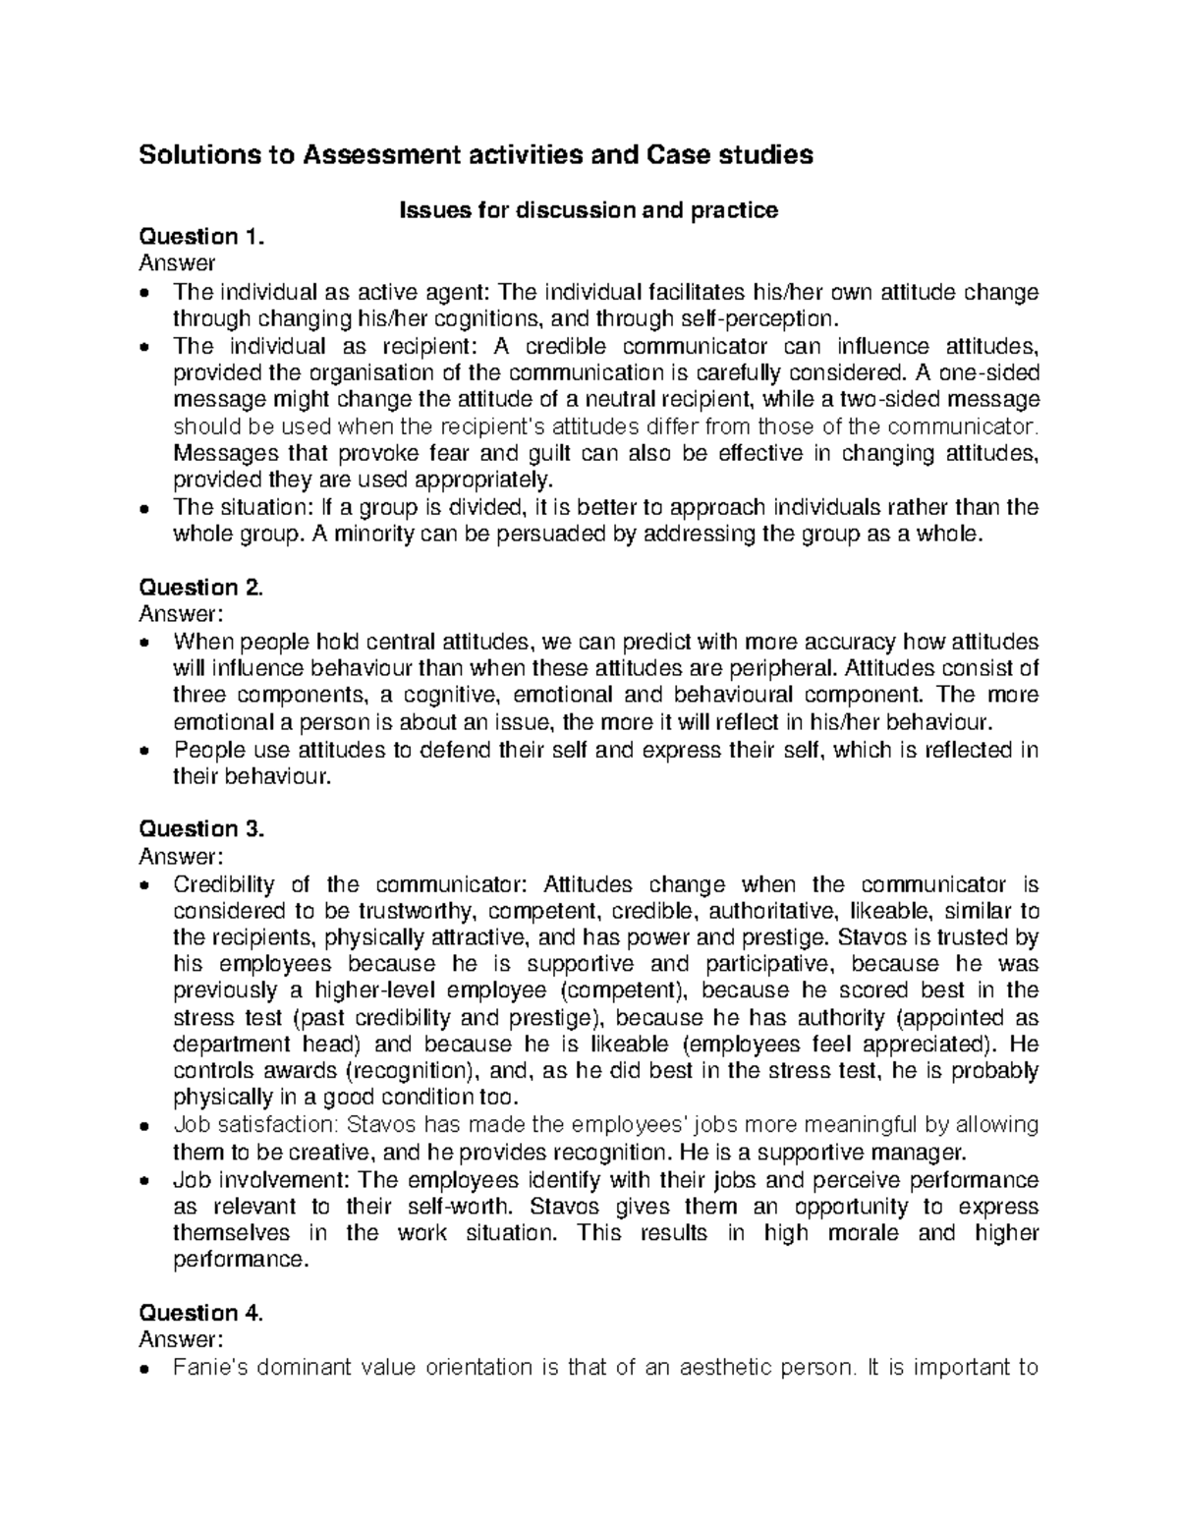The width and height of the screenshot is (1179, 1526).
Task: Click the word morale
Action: tap(866, 1232)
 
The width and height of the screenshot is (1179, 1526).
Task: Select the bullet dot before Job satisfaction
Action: tap(145, 1126)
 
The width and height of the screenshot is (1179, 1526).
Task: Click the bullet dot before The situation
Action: tap(145, 509)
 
